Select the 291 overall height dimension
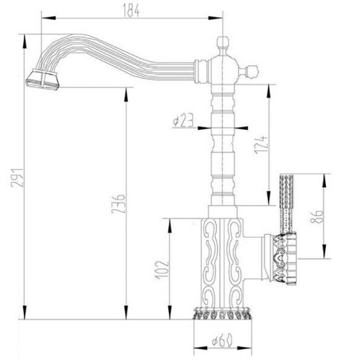[17, 178]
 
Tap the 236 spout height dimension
[118, 204]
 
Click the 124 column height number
[261, 144]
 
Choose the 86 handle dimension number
[317, 216]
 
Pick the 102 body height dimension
[162, 270]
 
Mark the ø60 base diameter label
[222, 340]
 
